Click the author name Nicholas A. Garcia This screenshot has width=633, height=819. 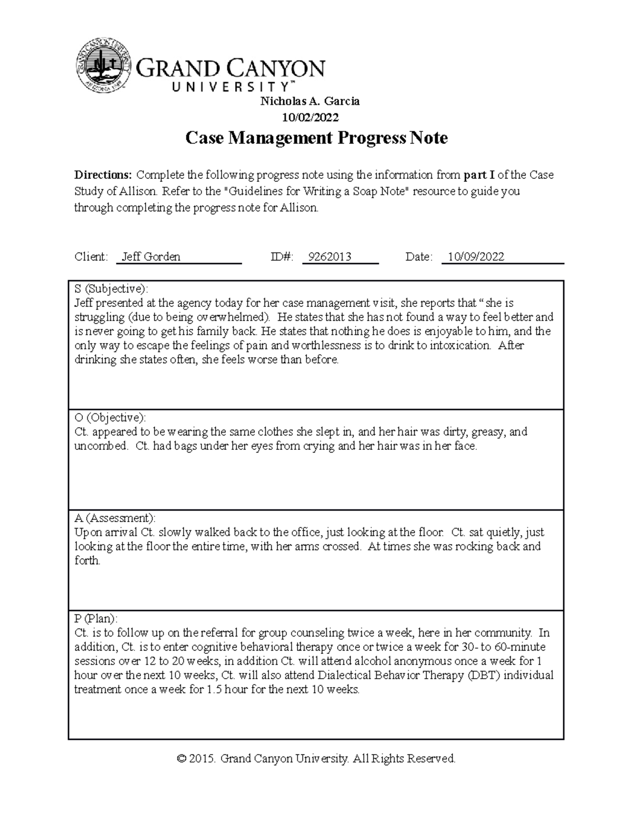pos(310,101)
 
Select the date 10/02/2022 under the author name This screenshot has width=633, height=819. pos(310,117)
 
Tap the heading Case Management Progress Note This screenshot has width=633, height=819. pos(316,138)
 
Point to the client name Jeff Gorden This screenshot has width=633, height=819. pos(151,257)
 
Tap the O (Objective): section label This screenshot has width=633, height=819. pos(110,418)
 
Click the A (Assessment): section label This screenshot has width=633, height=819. pos(115,518)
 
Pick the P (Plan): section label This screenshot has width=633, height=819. pos(96,619)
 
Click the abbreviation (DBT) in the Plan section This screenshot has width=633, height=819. pos(484,676)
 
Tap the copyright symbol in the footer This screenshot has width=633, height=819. pos(181,759)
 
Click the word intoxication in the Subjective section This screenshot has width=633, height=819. pos(460,346)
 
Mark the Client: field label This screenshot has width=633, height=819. pos(91,257)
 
